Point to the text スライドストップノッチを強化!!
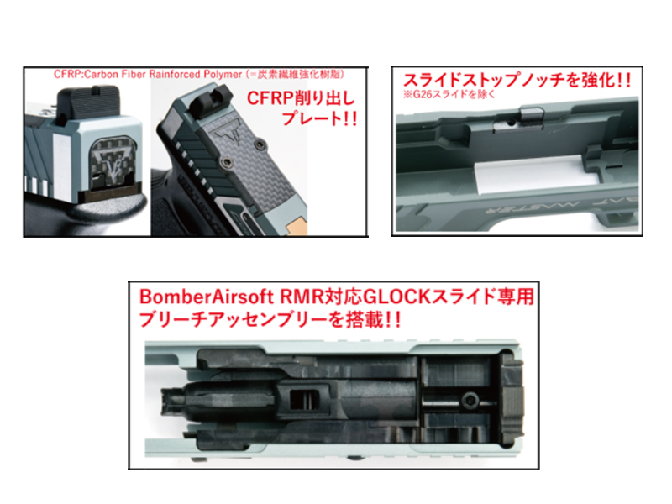pos(516,80)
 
